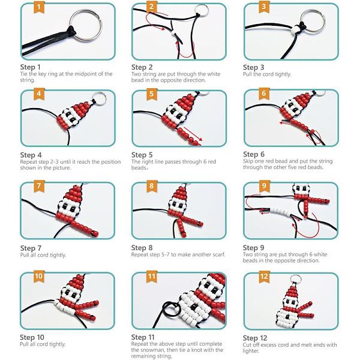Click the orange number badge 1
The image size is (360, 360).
pos(39,7)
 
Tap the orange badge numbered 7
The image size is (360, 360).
pos(39,186)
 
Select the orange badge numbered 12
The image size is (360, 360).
pos(264,276)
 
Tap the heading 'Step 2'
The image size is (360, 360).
pos(142,67)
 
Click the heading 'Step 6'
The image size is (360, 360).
pos(254,154)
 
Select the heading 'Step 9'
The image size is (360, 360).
pos(253,248)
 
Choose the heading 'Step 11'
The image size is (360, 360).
pos(143,337)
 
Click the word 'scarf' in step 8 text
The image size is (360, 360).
pos(218,254)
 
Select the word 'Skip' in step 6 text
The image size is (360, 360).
pos(248,161)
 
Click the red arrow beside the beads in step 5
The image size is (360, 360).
pos(193,134)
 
